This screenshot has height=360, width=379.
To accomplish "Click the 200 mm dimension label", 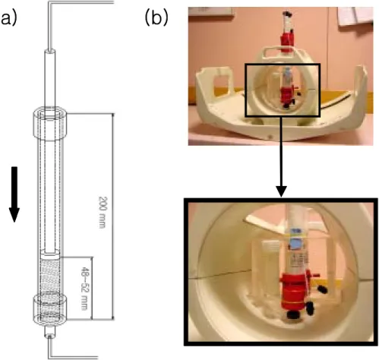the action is [102, 212].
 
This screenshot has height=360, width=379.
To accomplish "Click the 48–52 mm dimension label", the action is [84, 288].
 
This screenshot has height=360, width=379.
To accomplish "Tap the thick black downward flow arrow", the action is [14, 194].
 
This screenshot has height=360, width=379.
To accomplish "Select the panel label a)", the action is [8, 19].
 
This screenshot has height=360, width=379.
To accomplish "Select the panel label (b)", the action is [156, 18].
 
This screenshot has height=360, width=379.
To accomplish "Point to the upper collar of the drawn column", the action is [50, 124].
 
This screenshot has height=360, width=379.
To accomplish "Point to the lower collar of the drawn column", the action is [50, 310].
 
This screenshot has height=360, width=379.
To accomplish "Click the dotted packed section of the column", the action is [50, 287].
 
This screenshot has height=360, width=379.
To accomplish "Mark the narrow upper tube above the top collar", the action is [50, 78].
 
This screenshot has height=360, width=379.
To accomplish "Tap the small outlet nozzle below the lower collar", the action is [49, 332].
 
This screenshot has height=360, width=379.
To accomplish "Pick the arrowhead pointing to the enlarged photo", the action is [281, 191].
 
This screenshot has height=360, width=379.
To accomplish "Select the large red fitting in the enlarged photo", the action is [295, 291].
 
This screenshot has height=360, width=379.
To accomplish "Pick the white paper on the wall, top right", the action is [355, 16].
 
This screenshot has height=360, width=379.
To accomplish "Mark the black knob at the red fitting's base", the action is [292, 314].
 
